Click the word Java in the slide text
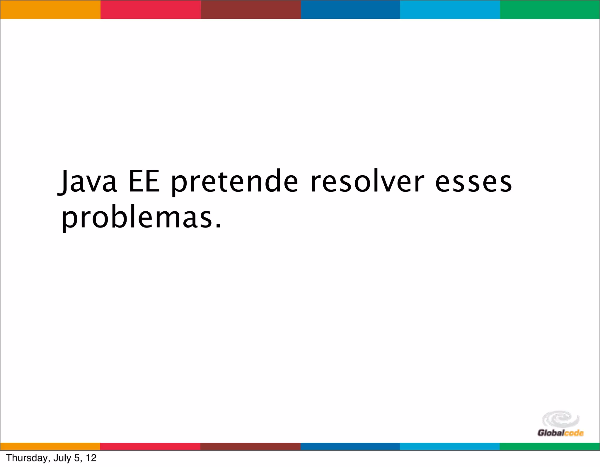point(88,182)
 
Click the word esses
point(473,182)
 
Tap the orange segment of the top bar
point(50,9)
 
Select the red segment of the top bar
point(151,9)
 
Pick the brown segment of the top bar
point(251,9)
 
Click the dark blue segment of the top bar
point(350,9)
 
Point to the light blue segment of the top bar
point(450,9)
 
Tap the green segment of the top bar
point(550,9)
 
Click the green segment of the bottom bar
point(550,446)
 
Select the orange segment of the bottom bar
point(50,446)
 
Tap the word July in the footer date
point(62,458)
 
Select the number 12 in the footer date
point(91,458)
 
